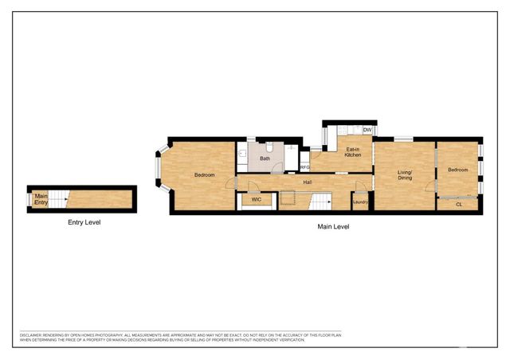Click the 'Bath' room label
pyautogui.click(x=265, y=158)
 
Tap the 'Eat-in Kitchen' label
pyautogui.click(x=352, y=152)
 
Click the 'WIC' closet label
pyautogui.click(x=257, y=199)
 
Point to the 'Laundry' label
pyautogui.click(x=360, y=202)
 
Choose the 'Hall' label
pyautogui.click(x=307, y=182)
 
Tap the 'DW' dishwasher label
pyautogui.click(x=367, y=130)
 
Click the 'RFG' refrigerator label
pyautogui.click(x=304, y=167)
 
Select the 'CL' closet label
pyautogui.click(x=459, y=205)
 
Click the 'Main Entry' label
pyautogui.click(x=41, y=199)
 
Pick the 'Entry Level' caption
pyautogui.click(x=84, y=222)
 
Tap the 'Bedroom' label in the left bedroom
pyautogui.click(x=206, y=174)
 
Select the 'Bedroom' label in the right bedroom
pyautogui.click(x=457, y=170)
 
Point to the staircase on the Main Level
pyautogui.click(x=321, y=202)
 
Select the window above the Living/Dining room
pyautogui.click(x=404, y=139)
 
